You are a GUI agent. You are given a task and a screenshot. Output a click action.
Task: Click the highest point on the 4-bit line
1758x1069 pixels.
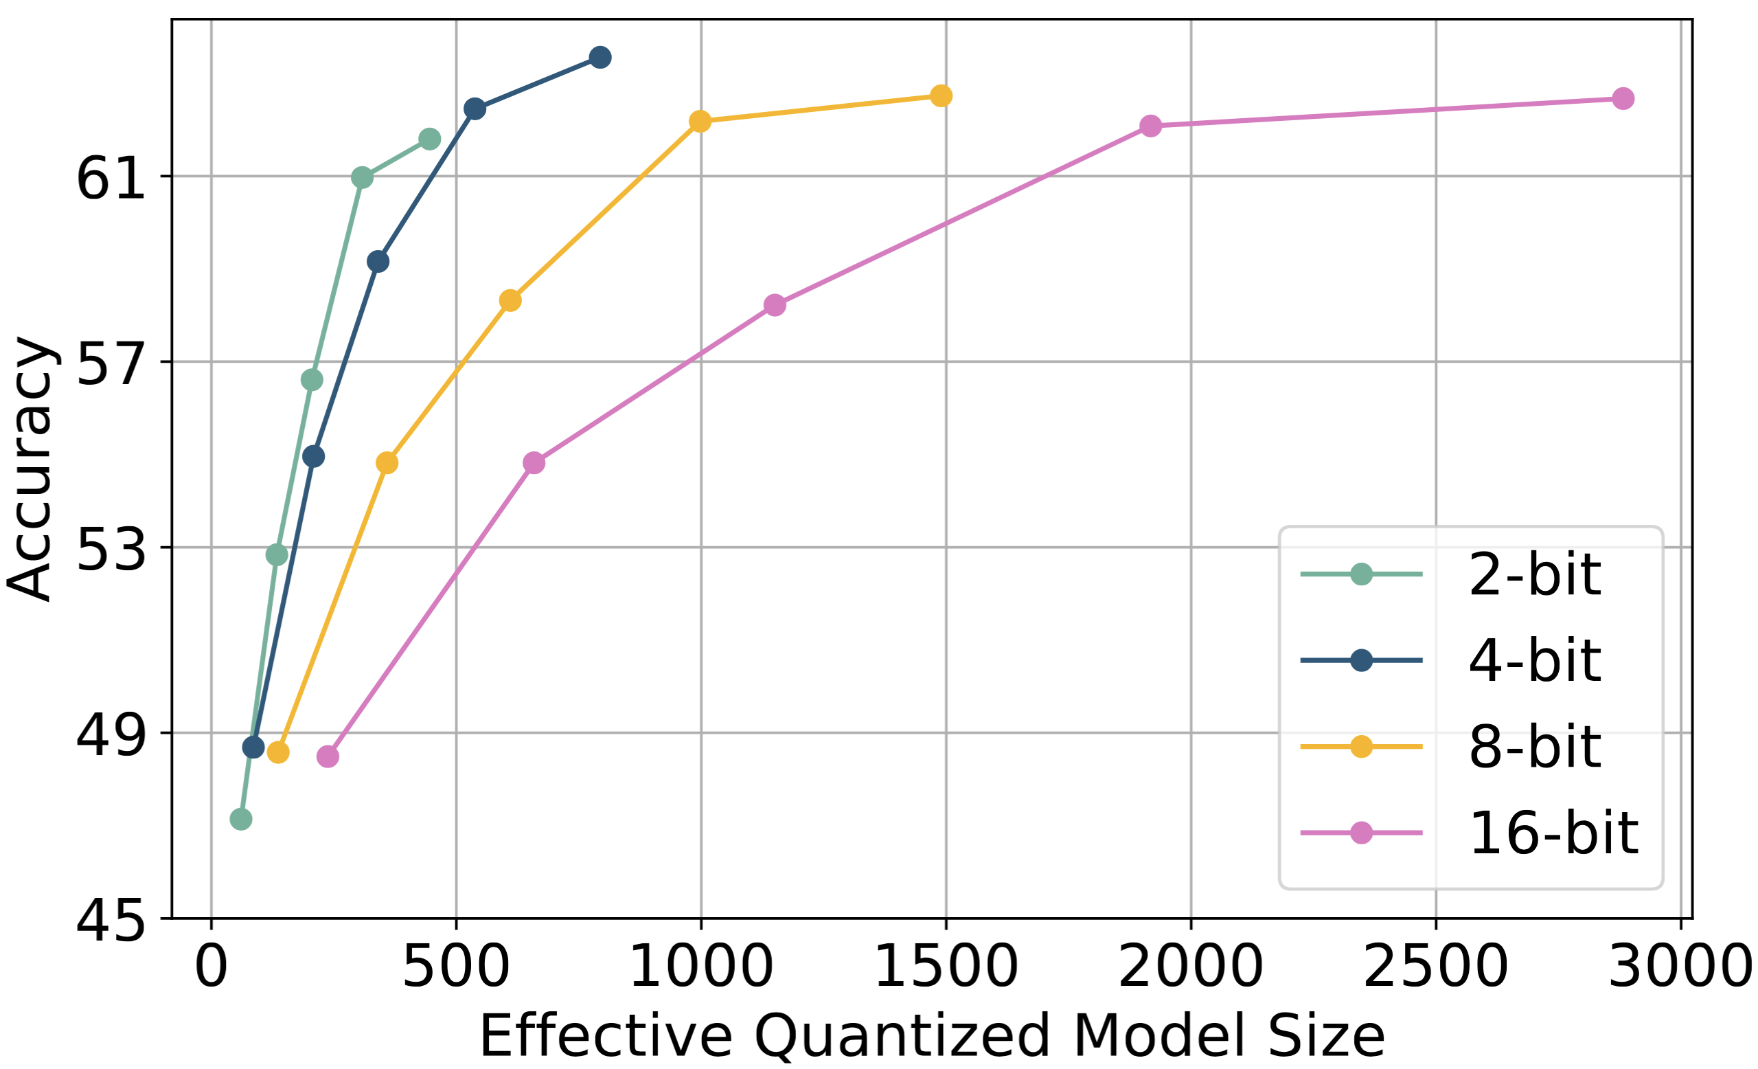600,57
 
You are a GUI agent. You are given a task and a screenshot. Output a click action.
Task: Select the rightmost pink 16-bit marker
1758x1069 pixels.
1623,98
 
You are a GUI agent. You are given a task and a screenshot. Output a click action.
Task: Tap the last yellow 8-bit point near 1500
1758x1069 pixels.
941,95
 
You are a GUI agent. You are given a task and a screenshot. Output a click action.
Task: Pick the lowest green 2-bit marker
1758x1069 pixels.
241,819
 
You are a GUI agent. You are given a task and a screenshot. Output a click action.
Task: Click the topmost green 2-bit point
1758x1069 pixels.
429,139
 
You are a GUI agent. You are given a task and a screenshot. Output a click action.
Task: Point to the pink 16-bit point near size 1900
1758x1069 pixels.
1150,126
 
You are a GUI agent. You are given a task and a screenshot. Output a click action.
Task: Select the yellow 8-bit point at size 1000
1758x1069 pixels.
700,122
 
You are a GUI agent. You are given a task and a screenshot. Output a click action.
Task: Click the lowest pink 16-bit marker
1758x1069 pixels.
328,756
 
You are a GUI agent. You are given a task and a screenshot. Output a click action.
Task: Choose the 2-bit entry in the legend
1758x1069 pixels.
1534,574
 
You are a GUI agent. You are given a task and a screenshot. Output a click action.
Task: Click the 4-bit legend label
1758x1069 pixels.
1534,660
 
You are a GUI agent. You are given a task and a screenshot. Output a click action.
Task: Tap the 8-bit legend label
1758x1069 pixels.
1534,746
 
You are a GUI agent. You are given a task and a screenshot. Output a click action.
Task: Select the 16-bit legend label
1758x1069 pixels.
1553,833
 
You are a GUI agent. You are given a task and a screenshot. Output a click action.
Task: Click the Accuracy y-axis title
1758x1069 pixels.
30,469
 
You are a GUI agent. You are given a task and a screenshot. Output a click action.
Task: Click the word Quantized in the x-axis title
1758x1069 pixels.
902,1036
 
